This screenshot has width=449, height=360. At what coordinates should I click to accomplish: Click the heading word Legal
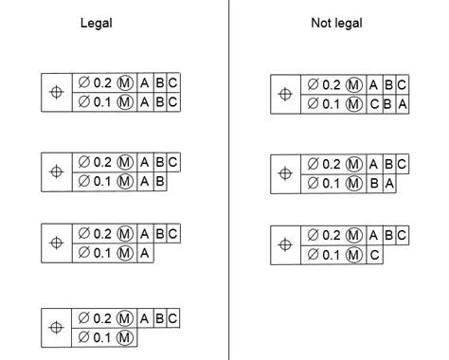coord(97,23)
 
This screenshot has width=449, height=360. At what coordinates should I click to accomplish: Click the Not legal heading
coord(335,23)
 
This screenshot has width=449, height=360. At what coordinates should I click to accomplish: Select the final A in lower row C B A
coord(402,103)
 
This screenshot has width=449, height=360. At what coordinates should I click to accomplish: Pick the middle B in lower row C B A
coord(388,103)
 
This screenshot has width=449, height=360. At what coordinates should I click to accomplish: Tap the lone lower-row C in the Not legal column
coord(375,255)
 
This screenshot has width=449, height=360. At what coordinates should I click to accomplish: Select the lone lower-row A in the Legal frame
coord(144,252)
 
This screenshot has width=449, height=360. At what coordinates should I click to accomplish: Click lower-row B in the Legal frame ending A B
coord(159,180)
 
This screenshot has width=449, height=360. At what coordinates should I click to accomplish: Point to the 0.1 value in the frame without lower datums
coord(99,337)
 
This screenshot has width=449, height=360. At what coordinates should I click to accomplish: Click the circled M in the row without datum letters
coord(124,337)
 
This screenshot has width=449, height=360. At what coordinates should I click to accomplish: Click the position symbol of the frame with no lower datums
coord(57,328)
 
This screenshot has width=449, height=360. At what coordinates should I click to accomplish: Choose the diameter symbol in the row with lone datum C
coord(313,255)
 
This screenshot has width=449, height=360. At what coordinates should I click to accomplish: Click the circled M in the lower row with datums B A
coord(356,183)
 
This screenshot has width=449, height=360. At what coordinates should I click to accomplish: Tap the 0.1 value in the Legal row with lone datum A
coord(99,252)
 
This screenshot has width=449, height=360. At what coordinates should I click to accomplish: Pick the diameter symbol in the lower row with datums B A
coord(313,183)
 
